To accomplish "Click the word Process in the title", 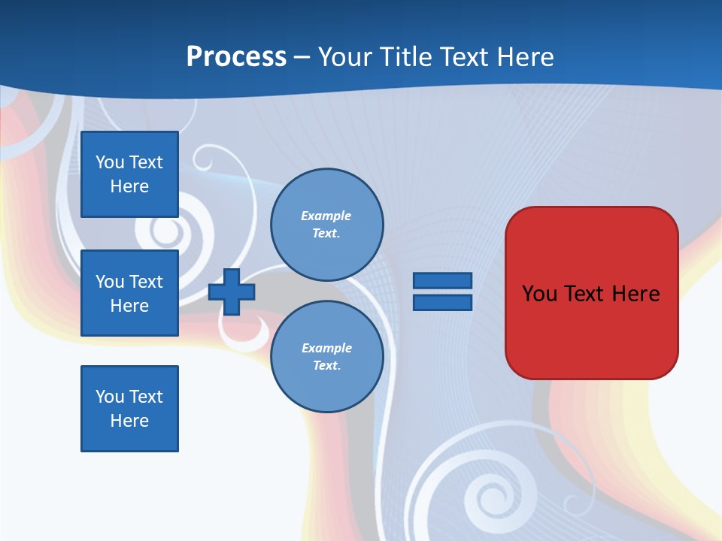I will (x=236, y=57).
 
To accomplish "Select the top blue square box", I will (x=129, y=174).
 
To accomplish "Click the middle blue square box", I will (x=129, y=293).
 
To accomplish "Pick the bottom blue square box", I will (x=129, y=409).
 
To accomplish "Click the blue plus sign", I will (x=232, y=292).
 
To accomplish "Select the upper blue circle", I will (x=326, y=225).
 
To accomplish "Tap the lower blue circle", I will (x=326, y=357).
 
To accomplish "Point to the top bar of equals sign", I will (x=442, y=281).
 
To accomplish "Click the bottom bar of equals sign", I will (x=442, y=303).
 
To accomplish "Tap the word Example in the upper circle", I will (x=326, y=216).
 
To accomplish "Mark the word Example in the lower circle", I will (x=326, y=348).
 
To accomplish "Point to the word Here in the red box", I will (x=636, y=294).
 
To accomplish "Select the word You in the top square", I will (x=110, y=162).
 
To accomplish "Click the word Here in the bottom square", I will (x=129, y=421).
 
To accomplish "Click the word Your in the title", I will (x=346, y=57).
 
